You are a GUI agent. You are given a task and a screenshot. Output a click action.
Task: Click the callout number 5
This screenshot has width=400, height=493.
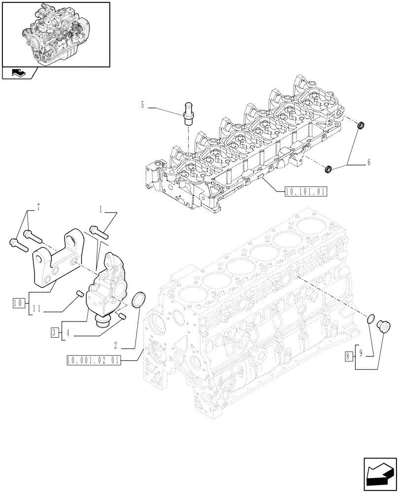(143, 105)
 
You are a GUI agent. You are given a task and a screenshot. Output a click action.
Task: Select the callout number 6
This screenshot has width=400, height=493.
(369, 162)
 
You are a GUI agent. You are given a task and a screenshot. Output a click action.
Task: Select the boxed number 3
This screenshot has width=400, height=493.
(54, 333)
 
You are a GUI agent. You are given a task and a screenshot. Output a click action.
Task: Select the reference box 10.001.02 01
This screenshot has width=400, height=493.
(93, 360)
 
